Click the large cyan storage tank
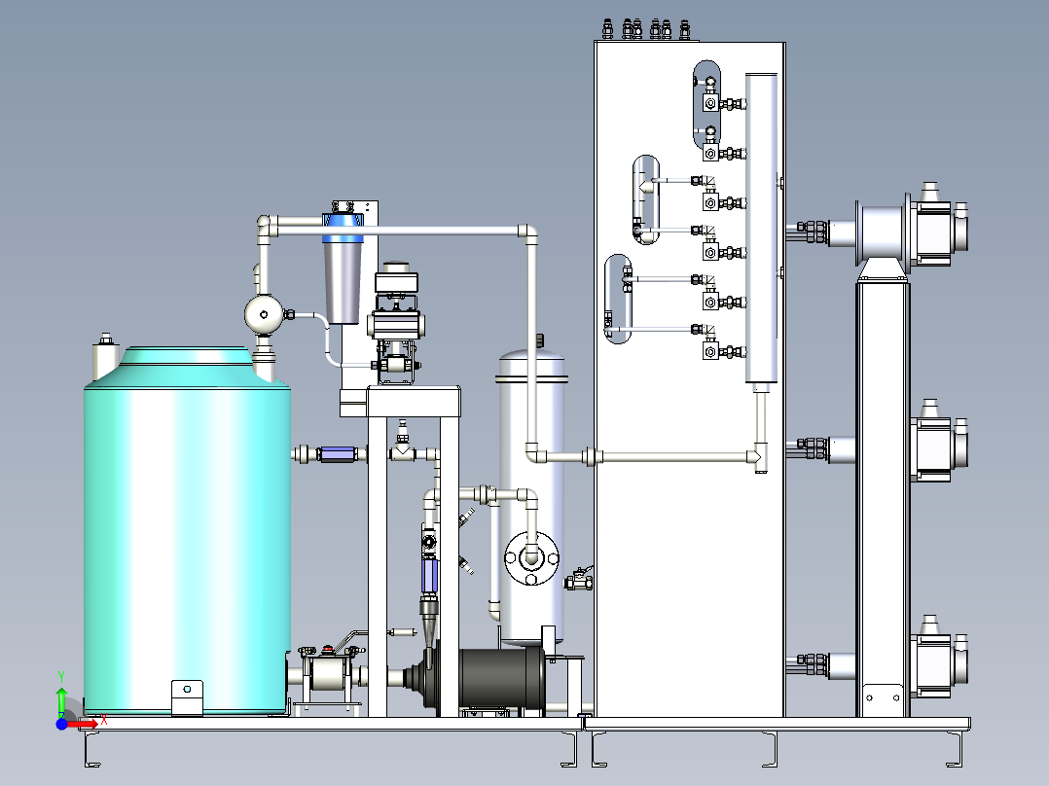point(187,535)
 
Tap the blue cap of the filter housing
point(344,228)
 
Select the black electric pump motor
point(502,676)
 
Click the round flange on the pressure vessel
point(532,558)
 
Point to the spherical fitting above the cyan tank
point(265,314)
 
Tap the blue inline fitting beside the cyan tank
point(339,454)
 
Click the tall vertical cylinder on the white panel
point(761,228)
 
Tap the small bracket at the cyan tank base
point(187,697)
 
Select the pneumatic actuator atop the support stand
point(397,304)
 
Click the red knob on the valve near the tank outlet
point(328,648)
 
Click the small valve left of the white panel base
point(579,579)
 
